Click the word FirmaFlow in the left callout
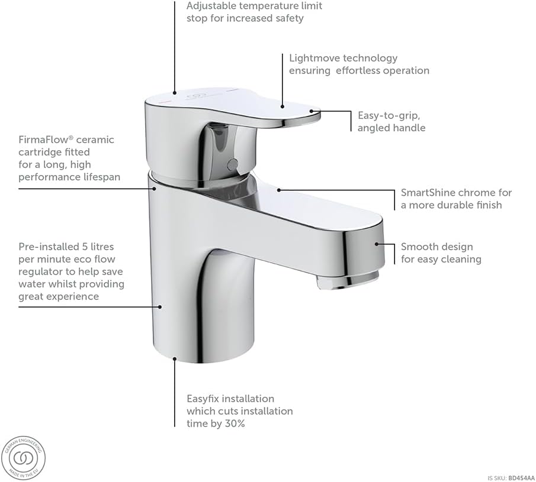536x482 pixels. tap(46, 140)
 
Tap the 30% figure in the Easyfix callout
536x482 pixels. tap(235, 423)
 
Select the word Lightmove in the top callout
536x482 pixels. tap(313, 58)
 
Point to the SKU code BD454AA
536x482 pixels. tap(522, 478)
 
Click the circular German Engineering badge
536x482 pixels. tap(23, 458)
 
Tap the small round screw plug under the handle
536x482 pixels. tap(233, 163)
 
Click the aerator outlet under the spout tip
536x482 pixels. tap(347, 280)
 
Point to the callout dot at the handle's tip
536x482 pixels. tap(312, 111)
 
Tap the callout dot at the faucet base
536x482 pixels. tap(174, 358)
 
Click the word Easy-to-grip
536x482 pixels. tap(389, 115)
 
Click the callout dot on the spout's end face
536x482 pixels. tap(376, 244)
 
